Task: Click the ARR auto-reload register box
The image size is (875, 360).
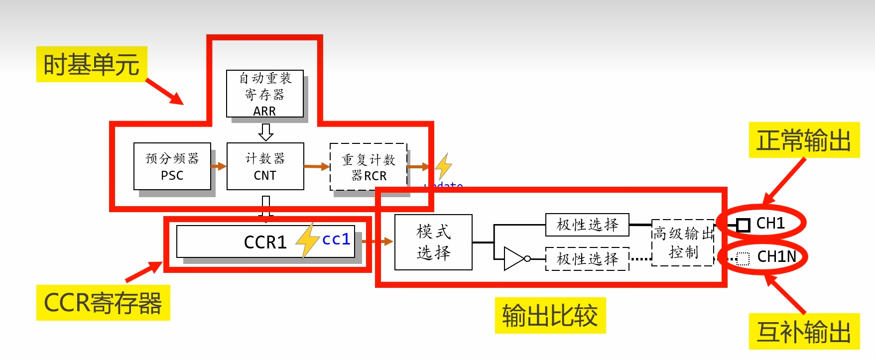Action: (x=264, y=94)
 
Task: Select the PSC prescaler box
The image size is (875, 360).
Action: (x=172, y=166)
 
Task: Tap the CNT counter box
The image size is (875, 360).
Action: (x=265, y=166)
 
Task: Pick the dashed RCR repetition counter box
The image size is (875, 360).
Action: (x=369, y=167)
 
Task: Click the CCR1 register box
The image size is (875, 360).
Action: (x=265, y=242)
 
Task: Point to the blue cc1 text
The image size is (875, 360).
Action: (x=336, y=240)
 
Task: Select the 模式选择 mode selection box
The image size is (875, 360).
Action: (x=433, y=242)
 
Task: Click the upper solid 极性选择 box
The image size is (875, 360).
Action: (x=587, y=225)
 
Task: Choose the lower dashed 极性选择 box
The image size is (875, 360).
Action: (x=587, y=259)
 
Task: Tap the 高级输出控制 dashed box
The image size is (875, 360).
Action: (x=683, y=242)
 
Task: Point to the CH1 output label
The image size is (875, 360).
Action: (x=770, y=224)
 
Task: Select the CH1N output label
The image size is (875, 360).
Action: (x=776, y=257)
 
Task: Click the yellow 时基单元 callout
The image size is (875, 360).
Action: (x=92, y=64)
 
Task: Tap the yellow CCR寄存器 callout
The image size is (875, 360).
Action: (x=103, y=303)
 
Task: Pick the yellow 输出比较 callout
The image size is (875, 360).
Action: (x=550, y=315)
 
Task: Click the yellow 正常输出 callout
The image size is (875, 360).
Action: (x=804, y=140)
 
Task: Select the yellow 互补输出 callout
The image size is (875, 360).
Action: (x=804, y=332)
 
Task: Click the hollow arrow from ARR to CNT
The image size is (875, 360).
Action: (x=266, y=132)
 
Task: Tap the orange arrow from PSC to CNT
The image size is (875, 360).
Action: (x=219, y=166)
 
